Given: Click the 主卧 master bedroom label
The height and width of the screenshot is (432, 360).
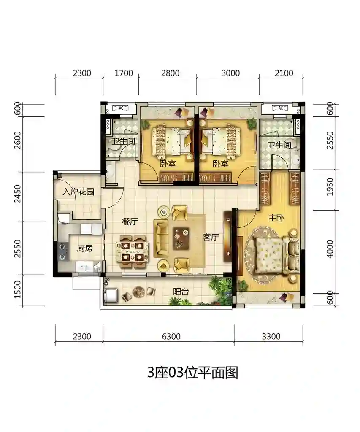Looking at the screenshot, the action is point(276,218).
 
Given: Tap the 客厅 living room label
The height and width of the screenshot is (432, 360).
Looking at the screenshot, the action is point(211,237).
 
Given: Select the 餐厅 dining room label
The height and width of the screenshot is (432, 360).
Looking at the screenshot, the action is point(130,221).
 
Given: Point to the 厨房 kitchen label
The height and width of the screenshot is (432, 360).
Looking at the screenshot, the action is point(85,248).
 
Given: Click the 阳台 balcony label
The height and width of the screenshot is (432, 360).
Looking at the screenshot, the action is point(181,292).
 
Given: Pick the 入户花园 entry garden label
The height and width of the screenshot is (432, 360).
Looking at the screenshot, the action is point(78,192).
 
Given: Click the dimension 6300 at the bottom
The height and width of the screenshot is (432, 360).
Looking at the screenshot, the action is point(171,336).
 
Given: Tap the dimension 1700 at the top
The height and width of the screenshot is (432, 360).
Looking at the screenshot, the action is point(124,73).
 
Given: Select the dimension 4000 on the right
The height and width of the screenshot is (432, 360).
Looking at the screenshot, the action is point(330,249).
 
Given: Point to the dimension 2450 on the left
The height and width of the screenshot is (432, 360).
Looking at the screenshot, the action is point(17,194).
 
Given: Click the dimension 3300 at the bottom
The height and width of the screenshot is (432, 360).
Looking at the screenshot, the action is point(271,336).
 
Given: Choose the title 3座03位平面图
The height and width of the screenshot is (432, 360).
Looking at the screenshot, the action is point(192,373).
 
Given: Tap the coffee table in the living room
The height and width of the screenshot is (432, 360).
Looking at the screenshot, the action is point(181,238).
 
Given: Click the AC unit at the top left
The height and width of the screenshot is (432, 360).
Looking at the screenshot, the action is point(121,108).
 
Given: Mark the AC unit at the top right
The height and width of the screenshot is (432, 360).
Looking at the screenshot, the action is point(280,108).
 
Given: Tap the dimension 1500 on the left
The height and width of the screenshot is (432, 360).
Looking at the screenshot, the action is point(17,289).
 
